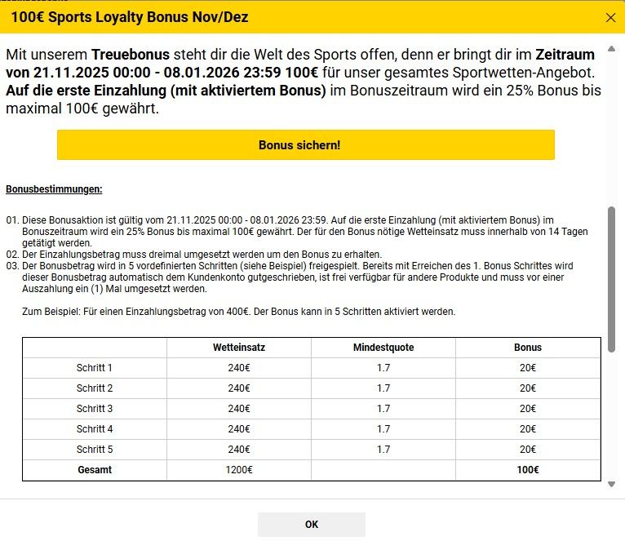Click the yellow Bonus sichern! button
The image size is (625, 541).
(305, 145)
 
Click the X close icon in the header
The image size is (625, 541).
(610, 17)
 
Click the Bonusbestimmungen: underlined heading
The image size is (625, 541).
(54, 189)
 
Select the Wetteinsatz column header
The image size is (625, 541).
(239, 347)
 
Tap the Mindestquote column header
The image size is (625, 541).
(383, 347)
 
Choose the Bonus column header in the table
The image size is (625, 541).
(528, 347)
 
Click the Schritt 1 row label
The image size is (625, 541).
(95, 368)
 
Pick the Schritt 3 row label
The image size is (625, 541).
(95, 409)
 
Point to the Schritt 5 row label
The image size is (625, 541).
(95, 450)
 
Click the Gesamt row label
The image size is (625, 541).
(95, 470)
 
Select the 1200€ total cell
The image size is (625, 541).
(239, 470)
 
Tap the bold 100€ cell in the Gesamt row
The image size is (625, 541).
(528, 470)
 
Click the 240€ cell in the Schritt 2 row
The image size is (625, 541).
(239, 388)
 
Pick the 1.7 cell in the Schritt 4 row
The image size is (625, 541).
(383, 429)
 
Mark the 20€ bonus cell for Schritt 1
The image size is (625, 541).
(528, 368)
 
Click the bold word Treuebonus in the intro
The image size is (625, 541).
(131, 55)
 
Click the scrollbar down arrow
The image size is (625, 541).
(612, 485)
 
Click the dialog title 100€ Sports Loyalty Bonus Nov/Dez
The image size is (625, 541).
(130, 17)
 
